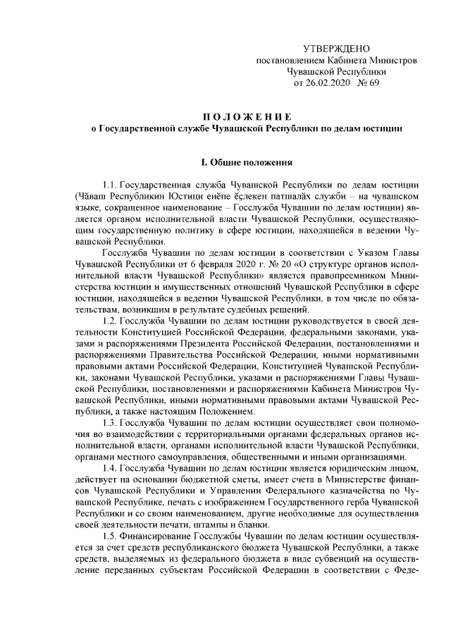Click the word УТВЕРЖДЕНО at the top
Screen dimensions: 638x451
click(335, 49)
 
